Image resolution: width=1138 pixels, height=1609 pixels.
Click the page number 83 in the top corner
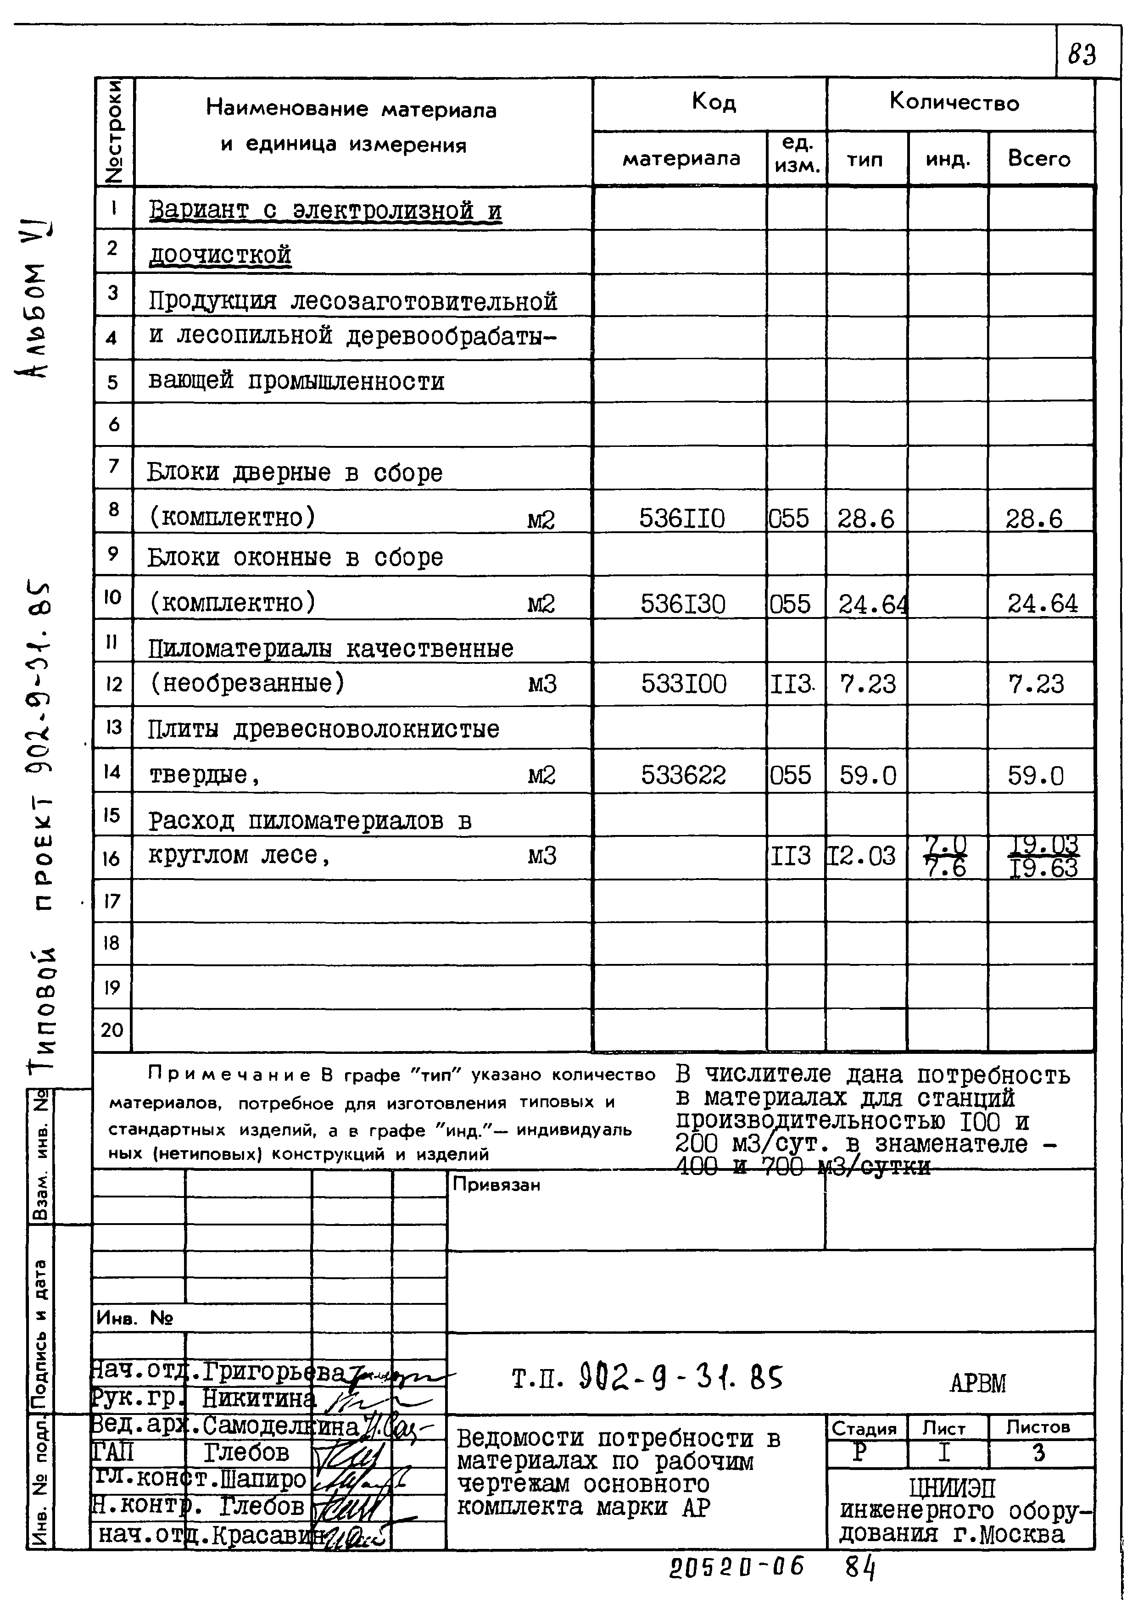pyautogui.click(x=1082, y=55)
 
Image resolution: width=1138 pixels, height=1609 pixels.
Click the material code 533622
pyautogui.click(x=683, y=775)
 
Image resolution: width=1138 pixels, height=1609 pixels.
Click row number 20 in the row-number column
pyautogui.click(x=112, y=1030)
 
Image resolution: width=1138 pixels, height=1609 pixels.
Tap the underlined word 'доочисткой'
pyautogui.click(x=220, y=254)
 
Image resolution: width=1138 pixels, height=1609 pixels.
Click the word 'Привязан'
pyautogui.click(x=496, y=1185)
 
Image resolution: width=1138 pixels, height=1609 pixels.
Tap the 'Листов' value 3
pyautogui.click(x=1039, y=1453)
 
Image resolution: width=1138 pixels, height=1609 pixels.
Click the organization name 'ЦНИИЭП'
pyautogui.click(x=952, y=1488)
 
